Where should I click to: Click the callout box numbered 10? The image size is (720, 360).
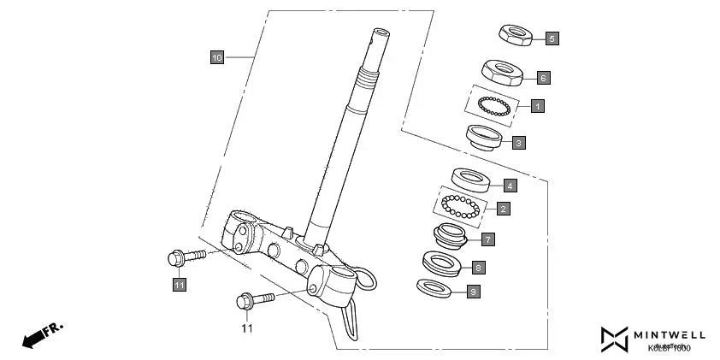point(217,57)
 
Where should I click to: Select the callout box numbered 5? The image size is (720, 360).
point(552,38)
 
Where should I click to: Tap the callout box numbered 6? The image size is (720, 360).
point(542,78)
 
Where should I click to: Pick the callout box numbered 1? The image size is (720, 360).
point(536,106)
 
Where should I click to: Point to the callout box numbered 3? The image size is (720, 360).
point(518,142)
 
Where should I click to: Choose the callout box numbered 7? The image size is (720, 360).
point(487,239)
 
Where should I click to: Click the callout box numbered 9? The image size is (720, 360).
point(474,292)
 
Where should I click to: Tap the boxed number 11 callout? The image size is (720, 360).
point(179,285)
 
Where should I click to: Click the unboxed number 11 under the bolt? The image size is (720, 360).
point(246,328)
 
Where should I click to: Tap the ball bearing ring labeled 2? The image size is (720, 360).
point(462,206)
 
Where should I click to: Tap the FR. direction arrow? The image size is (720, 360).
point(42,334)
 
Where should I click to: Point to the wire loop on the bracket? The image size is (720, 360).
point(367,280)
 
